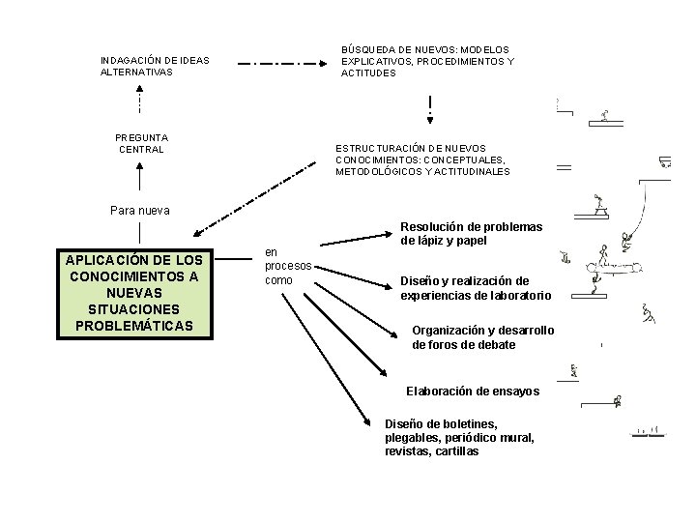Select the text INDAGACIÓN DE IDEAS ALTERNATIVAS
point(155,66)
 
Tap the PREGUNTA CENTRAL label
point(141,143)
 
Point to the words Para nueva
point(140,210)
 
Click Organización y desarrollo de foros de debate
point(482,336)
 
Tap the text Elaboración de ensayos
point(473,391)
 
